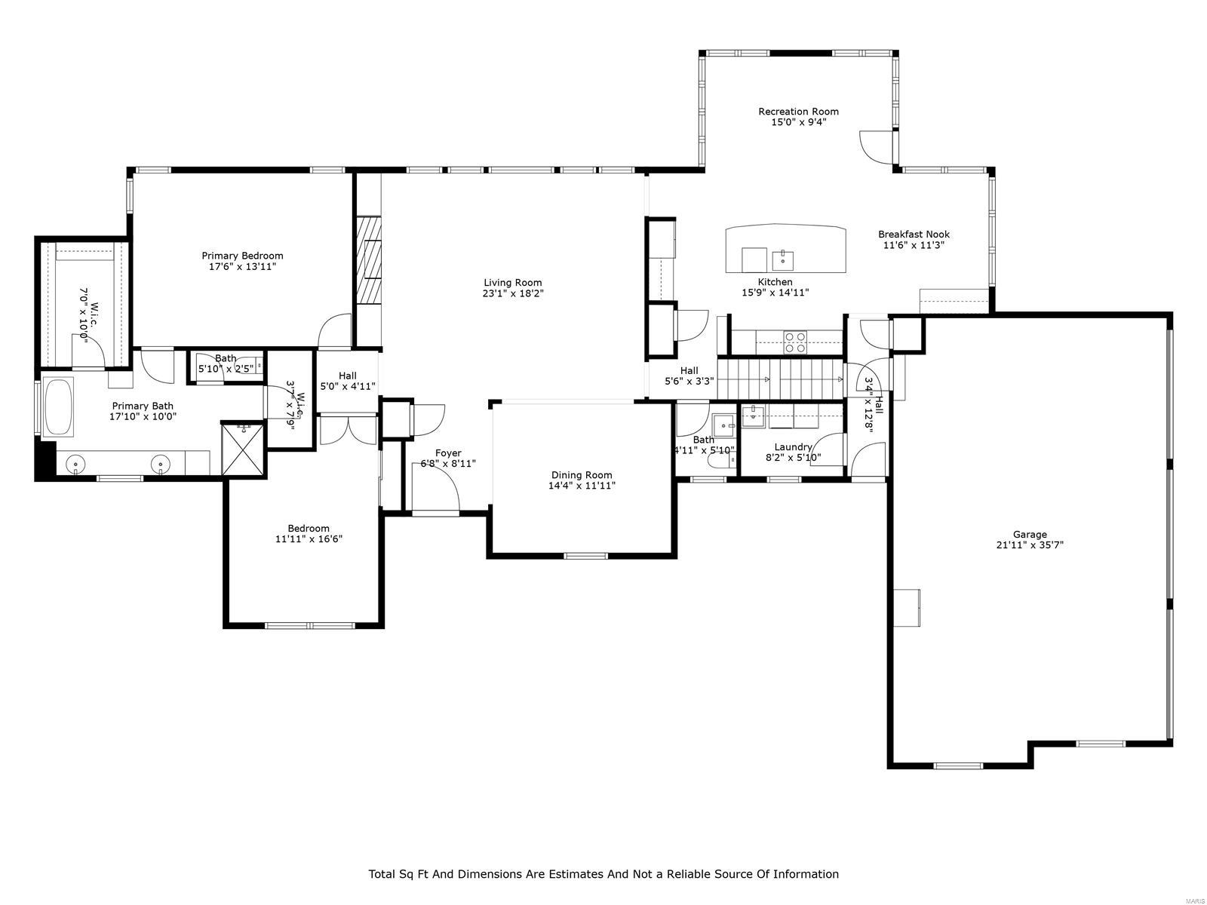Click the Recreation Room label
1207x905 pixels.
(798, 112)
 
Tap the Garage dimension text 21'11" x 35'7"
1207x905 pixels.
(1030, 545)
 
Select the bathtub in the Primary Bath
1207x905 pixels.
(59, 407)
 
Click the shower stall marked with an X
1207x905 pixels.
(243, 449)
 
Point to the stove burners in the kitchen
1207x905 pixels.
(795, 342)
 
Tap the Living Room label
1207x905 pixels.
(512, 283)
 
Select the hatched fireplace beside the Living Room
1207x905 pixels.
(369, 260)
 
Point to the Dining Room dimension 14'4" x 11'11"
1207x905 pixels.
(582, 486)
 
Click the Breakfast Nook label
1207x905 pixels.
(914, 235)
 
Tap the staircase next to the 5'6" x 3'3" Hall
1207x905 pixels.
(779, 379)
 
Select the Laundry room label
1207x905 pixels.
(793, 446)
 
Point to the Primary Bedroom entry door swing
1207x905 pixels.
(336, 332)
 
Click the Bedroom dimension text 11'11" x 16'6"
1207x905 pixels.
(309, 539)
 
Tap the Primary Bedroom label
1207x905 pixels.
(242, 256)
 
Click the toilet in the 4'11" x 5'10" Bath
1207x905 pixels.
(720, 459)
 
